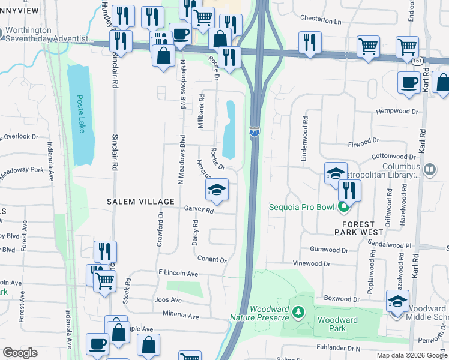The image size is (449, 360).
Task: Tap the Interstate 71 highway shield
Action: pos(255,131)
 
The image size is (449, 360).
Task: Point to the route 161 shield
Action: pos(417,61)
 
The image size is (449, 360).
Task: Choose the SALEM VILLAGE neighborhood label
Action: pos(141,202)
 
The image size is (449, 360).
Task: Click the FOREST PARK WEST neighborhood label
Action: pos(360,230)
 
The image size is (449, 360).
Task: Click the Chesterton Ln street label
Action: pos(320,22)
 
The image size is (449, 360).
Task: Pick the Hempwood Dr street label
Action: pos(396,112)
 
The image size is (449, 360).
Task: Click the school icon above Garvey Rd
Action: pos(217,191)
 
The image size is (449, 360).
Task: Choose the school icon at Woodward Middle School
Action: pos(397,302)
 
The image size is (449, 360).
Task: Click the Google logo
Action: pos(20,353)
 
